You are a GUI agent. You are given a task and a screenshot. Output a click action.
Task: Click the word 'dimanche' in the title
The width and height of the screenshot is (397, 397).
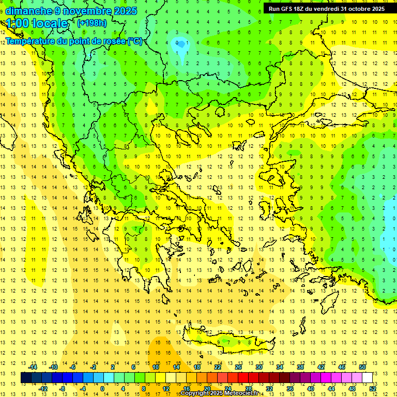(28, 11)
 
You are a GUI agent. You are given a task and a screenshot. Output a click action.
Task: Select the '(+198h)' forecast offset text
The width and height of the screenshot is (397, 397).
(92, 23)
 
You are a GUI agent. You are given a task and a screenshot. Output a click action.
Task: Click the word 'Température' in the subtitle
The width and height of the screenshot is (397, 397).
(30, 41)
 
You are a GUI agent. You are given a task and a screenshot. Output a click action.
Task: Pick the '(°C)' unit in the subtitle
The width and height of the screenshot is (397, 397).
(135, 41)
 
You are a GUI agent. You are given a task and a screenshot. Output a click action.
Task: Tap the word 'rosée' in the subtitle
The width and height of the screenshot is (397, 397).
(113, 41)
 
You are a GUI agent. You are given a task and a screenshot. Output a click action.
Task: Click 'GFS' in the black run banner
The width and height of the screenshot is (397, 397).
(285, 9)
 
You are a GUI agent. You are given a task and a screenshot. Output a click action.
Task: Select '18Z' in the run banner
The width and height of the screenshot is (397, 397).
(299, 9)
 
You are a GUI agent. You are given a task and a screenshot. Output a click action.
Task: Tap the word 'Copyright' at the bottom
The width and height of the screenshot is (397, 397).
(195, 393)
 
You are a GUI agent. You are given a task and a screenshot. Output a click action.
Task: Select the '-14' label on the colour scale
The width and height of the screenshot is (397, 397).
(33, 367)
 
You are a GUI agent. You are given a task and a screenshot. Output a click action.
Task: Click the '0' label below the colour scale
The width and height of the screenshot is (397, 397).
(102, 388)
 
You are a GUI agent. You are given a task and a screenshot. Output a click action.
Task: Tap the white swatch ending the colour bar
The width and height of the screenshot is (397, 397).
(367, 378)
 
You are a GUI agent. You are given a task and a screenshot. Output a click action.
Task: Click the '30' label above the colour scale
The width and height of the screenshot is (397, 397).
(258, 367)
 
